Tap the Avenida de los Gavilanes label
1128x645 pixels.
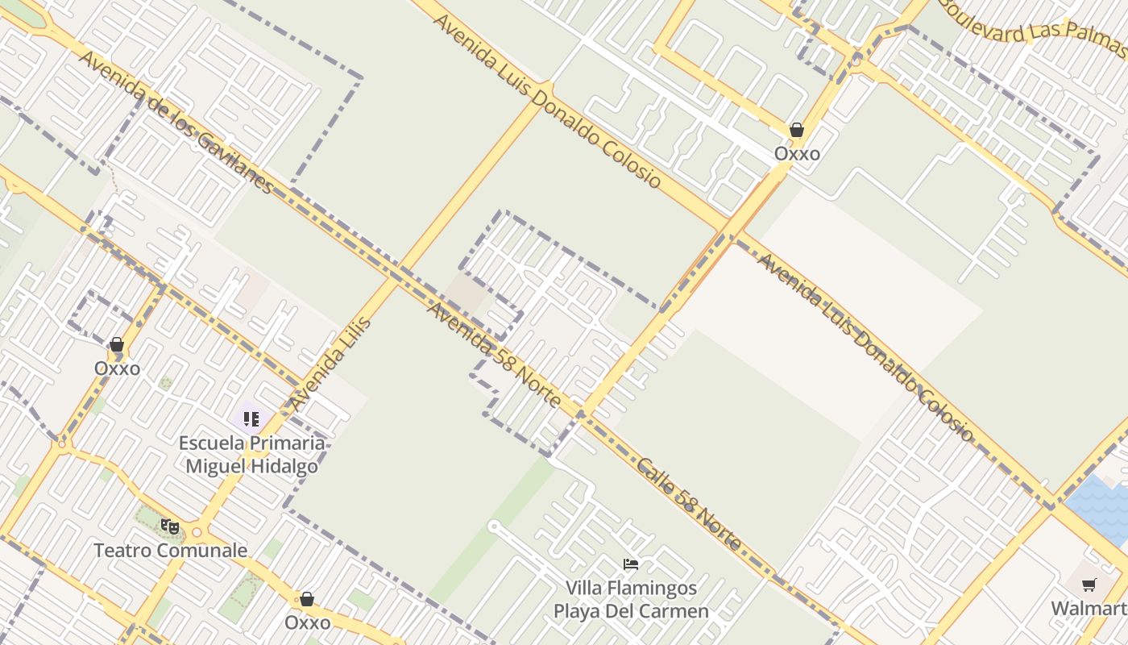[176, 123]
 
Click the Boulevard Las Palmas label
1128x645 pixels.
[1035, 27]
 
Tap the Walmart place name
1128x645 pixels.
[1089, 608]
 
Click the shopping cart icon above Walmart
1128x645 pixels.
[1089, 585]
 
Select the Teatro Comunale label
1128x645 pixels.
[170, 551]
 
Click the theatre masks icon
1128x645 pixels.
[169, 527]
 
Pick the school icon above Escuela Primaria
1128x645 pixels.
[251, 419]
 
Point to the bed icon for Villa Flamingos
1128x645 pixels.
[631, 564]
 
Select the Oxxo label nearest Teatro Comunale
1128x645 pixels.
[307, 622]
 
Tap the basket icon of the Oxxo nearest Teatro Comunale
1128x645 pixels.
[307, 599]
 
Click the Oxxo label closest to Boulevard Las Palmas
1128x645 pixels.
[797, 153]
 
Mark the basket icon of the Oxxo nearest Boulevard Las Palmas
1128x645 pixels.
[797, 130]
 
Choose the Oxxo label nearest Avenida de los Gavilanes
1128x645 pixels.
[117, 368]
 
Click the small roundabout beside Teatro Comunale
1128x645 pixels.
[197, 533]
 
